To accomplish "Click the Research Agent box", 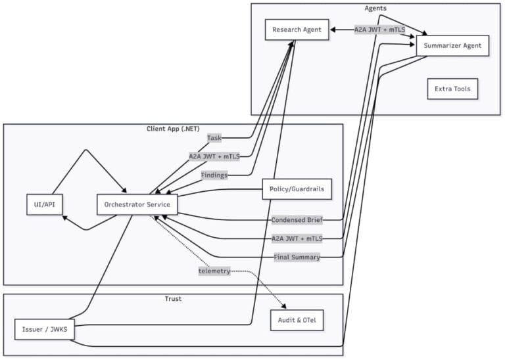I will click(x=297, y=30).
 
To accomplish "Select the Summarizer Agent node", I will click(x=452, y=46).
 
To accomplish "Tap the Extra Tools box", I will click(x=452, y=89).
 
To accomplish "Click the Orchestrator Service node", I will click(x=137, y=204).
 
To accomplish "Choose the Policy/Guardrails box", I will click(x=297, y=189).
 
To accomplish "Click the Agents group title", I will click(x=375, y=8).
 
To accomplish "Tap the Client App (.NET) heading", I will click(x=173, y=128).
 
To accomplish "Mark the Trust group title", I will click(x=173, y=299).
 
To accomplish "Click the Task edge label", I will click(x=214, y=138).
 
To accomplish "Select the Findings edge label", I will click(x=214, y=175).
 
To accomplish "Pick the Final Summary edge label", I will click(x=297, y=257).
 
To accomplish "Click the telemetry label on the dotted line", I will click(x=214, y=271).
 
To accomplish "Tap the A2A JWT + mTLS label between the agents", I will click(x=379, y=30).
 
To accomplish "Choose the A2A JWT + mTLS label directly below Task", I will click(x=214, y=156).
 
